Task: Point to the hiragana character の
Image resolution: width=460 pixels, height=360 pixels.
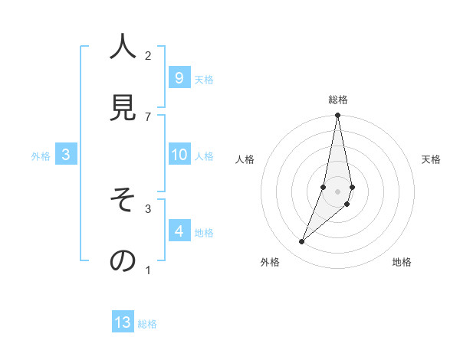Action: pyautogui.click(x=123, y=260)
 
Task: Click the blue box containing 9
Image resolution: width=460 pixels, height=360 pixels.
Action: pyautogui.click(x=179, y=77)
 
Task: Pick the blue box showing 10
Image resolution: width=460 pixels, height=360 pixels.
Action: pyautogui.click(x=179, y=155)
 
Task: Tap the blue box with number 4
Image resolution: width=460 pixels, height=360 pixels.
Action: pyautogui.click(x=179, y=231)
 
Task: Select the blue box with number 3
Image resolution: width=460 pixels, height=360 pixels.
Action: pyautogui.click(x=66, y=155)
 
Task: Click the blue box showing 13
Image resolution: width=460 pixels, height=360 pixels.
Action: pyautogui.click(x=123, y=322)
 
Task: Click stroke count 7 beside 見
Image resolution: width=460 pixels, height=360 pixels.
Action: pyautogui.click(x=148, y=116)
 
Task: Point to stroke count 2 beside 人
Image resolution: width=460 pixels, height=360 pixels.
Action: pyautogui.click(x=148, y=55)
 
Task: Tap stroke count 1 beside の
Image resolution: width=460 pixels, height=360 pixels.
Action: pyautogui.click(x=148, y=270)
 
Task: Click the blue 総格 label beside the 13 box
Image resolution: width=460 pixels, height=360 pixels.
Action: pyautogui.click(x=147, y=324)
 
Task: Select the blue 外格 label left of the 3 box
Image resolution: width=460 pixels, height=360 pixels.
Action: pyautogui.click(x=41, y=156)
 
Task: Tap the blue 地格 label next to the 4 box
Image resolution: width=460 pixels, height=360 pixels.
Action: pyautogui.click(x=204, y=233)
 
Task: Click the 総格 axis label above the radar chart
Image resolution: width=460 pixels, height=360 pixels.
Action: pyautogui.click(x=337, y=100)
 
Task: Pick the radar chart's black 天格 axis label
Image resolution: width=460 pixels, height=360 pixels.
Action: pyautogui.click(x=431, y=159)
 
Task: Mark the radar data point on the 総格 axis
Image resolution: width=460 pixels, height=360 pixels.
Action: pyautogui.click(x=337, y=116)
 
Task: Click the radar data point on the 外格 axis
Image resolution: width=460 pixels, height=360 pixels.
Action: pyautogui.click(x=301, y=242)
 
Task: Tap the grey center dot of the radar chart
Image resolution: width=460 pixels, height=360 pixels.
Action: pyautogui.click(x=337, y=191)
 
